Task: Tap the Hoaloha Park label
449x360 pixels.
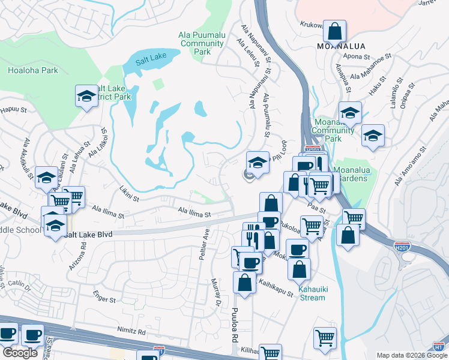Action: [33, 70]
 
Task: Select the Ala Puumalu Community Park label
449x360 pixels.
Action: [202, 43]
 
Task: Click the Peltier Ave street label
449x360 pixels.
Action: [204, 243]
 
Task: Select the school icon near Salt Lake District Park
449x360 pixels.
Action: [86, 96]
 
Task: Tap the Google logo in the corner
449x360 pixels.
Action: [20, 353]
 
